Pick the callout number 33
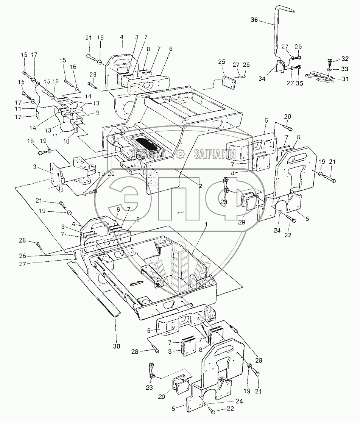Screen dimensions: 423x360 [x=345, y=69]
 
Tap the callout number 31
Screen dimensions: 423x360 [x=345, y=79]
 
